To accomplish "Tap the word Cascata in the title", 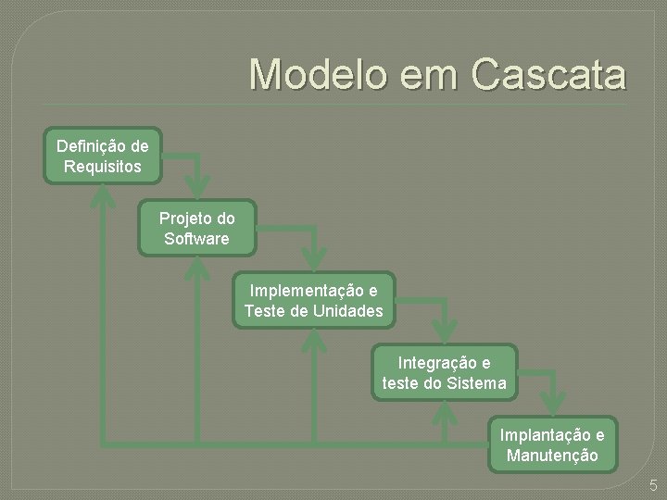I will pyautogui.click(x=549, y=75).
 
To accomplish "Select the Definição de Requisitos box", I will pyautogui.click(x=103, y=156).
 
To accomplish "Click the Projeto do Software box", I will pyautogui.click(x=196, y=229).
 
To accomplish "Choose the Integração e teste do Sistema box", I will pyautogui.click(x=444, y=372).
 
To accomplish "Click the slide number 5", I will pyautogui.click(x=653, y=484).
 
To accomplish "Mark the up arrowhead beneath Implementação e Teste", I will pyautogui.click(x=315, y=340).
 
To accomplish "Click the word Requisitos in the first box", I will pyautogui.click(x=103, y=167).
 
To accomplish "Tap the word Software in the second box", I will pyautogui.click(x=196, y=239).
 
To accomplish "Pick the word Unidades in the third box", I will pyautogui.click(x=347, y=311).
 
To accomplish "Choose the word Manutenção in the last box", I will pyautogui.click(x=552, y=456).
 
